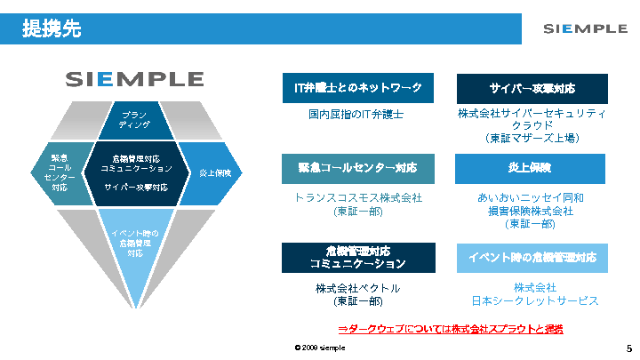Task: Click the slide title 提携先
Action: (x=52, y=29)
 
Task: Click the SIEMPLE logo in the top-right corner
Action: (x=585, y=28)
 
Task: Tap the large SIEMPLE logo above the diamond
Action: (x=134, y=79)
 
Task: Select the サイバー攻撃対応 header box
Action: (x=532, y=88)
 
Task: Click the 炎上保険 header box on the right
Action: (x=532, y=168)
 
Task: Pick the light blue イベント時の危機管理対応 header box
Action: (x=532, y=257)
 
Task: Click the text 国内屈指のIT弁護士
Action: (x=356, y=115)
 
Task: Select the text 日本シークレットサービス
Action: (x=534, y=300)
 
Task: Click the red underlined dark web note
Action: (x=451, y=329)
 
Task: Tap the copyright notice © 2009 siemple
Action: (x=320, y=348)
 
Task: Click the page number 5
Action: (x=628, y=347)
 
